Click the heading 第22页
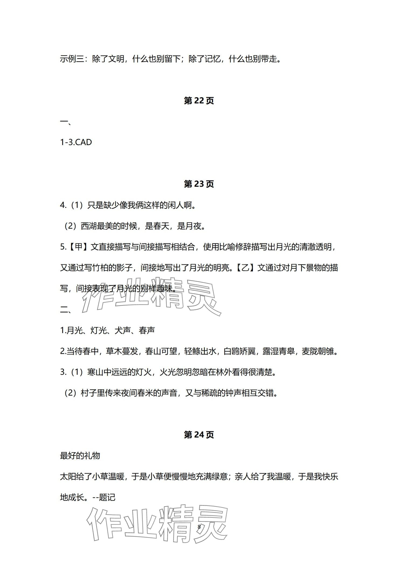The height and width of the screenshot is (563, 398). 199,101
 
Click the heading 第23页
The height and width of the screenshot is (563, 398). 199,184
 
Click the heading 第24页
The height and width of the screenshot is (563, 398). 199,435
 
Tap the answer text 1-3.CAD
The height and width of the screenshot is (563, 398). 76,142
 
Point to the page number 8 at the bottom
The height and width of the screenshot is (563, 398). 199,527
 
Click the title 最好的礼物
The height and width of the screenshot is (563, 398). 80,456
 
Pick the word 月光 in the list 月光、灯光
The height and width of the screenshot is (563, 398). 74,330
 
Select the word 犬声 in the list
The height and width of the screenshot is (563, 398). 123,330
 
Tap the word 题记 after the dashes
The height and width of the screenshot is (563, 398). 107,497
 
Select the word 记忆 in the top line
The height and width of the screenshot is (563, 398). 213,59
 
